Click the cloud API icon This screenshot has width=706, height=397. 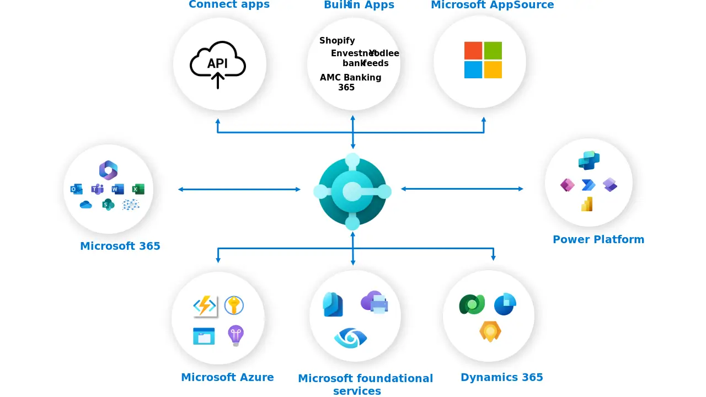pyautogui.click(x=218, y=64)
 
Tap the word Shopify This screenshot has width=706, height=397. pyautogui.click(x=337, y=41)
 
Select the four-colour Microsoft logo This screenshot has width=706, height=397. pyautogui.click(x=483, y=60)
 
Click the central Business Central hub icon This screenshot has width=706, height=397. pyautogui.click(x=352, y=192)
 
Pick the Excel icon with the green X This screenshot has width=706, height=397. pyautogui.click(x=138, y=189)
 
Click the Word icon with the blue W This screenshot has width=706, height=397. pyautogui.click(x=117, y=189)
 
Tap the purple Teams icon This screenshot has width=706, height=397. pyautogui.click(x=97, y=189)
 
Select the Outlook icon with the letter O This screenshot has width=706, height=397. pyautogui.click(x=76, y=189)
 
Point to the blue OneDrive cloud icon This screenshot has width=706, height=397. pyautogui.click(x=85, y=205)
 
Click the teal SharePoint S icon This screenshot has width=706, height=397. pyautogui.click(x=108, y=205)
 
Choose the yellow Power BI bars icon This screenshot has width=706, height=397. pyautogui.click(x=587, y=204)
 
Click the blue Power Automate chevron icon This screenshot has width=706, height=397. pyautogui.click(x=589, y=185)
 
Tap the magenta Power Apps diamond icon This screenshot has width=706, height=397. pyautogui.click(x=568, y=185)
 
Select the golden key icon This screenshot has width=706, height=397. pyautogui.click(x=234, y=305)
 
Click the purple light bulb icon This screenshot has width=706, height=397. pyautogui.click(x=236, y=335)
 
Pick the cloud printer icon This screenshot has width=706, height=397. pyautogui.click(x=375, y=302)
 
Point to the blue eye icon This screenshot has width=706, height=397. pyautogui.click(x=350, y=337)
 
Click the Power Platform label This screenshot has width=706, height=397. pyautogui.click(x=598, y=239)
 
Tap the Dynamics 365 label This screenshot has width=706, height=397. pyautogui.click(x=502, y=377)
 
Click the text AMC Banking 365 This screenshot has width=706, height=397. pyautogui.click(x=350, y=82)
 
